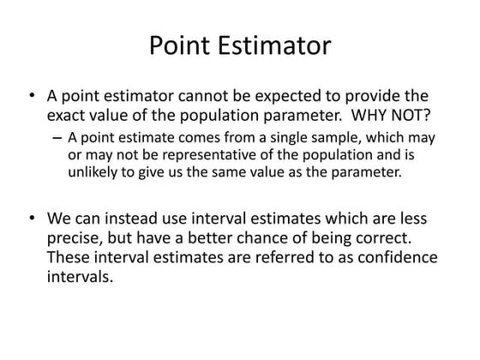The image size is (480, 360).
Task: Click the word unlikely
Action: click(91, 171)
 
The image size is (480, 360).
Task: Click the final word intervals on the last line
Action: click(80, 276)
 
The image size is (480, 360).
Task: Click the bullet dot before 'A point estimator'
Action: click(32, 95)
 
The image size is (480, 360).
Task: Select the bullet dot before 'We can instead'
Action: click(32, 220)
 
